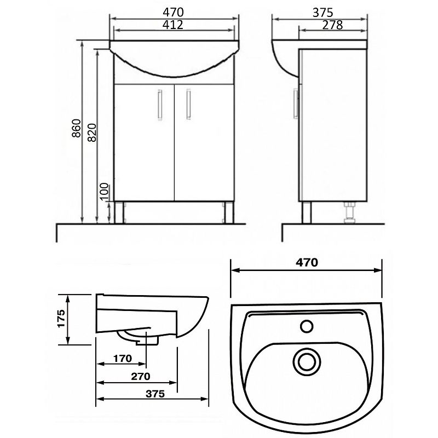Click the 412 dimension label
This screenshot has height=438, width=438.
click(173, 25)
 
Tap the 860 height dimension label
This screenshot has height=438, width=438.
click(76, 128)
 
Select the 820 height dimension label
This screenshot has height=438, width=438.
click(91, 132)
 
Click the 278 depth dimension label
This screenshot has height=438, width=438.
click(332, 25)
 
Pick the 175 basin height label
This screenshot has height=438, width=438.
click(61, 318)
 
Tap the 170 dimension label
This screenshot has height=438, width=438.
click(122, 359)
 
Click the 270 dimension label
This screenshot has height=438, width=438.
click(141, 376)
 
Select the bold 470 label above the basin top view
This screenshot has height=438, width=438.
click(307, 263)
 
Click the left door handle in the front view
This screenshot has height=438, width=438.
click(160, 105)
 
